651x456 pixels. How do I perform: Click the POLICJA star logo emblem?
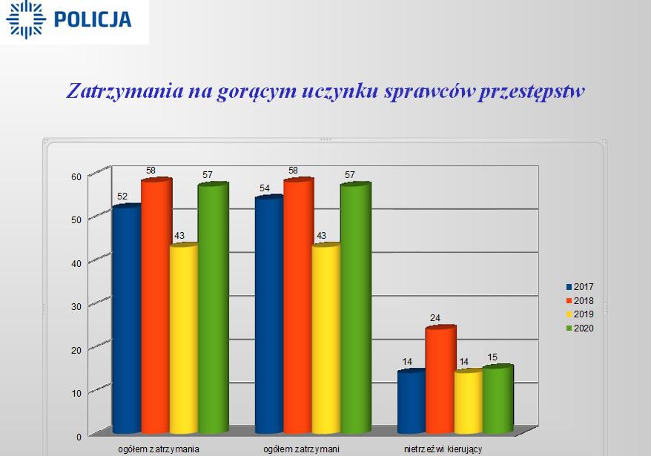coord(26,19)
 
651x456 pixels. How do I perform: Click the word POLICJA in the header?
coord(93,19)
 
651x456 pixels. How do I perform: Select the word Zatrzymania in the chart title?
coord(125,91)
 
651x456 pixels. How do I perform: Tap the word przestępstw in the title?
coord(532,92)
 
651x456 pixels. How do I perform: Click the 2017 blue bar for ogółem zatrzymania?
coord(127,319)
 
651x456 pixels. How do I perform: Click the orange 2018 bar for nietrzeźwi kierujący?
coord(440,380)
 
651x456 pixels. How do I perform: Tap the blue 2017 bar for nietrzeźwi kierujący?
coord(412,402)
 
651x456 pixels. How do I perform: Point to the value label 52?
coord(122,196)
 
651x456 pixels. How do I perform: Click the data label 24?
coord(435,318)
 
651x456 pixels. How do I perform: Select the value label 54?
coord(265,188)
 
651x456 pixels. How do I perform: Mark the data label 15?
coord(492,357)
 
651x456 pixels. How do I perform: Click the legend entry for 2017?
coord(580,286)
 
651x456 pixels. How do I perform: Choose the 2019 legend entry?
coord(580,314)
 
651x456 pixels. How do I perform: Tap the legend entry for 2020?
coord(580,328)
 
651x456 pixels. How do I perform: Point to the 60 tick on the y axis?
coord(76,177)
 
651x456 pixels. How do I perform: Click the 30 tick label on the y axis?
coord(76,307)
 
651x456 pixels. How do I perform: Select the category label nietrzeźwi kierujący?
coord(443,449)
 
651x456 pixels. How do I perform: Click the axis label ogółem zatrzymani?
coord(302,449)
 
